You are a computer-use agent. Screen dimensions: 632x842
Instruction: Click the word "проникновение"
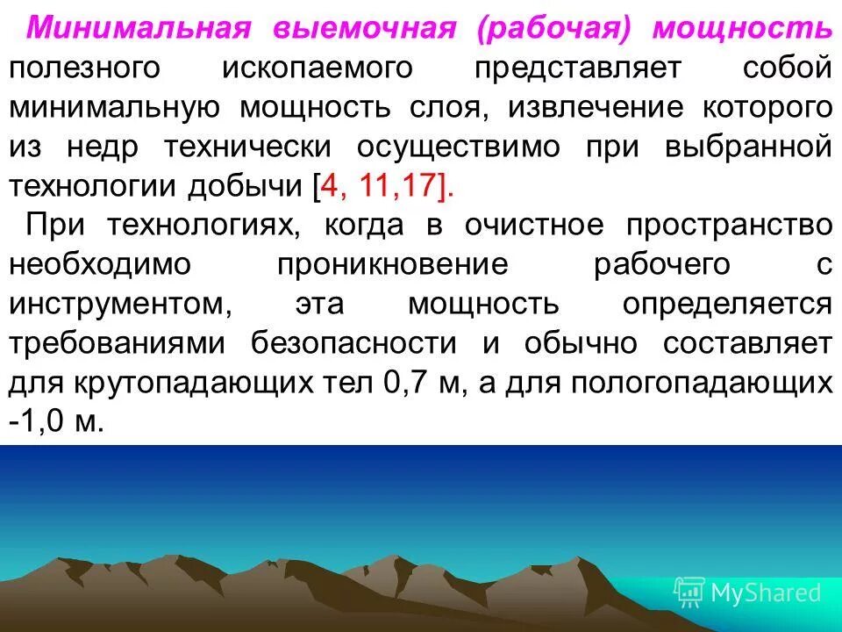click(x=393, y=264)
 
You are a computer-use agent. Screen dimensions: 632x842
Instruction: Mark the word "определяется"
click(x=727, y=304)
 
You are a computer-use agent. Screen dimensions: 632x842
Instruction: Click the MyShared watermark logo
click(x=747, y=592)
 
